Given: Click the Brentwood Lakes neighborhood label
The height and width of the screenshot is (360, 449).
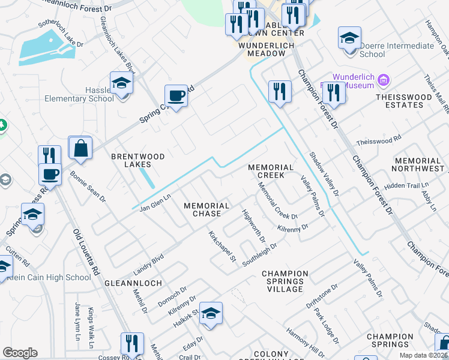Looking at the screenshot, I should tap(138, 160).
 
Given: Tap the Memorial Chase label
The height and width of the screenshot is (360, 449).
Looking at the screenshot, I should tap(206, 209).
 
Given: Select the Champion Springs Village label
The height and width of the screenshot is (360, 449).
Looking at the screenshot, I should tap(285, 281).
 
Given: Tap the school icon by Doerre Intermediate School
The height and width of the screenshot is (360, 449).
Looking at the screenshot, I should tap(349, 38).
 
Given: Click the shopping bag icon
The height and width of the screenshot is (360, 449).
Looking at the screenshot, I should tap(80, 147).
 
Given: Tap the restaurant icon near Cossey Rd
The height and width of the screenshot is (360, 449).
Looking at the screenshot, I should tap(132, 344).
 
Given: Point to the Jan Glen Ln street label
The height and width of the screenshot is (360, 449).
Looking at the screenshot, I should tap(155, 202).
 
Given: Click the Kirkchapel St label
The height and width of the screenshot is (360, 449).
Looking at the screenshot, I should tap(222, 247).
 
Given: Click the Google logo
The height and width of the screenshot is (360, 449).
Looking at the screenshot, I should tap(20, 352).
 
